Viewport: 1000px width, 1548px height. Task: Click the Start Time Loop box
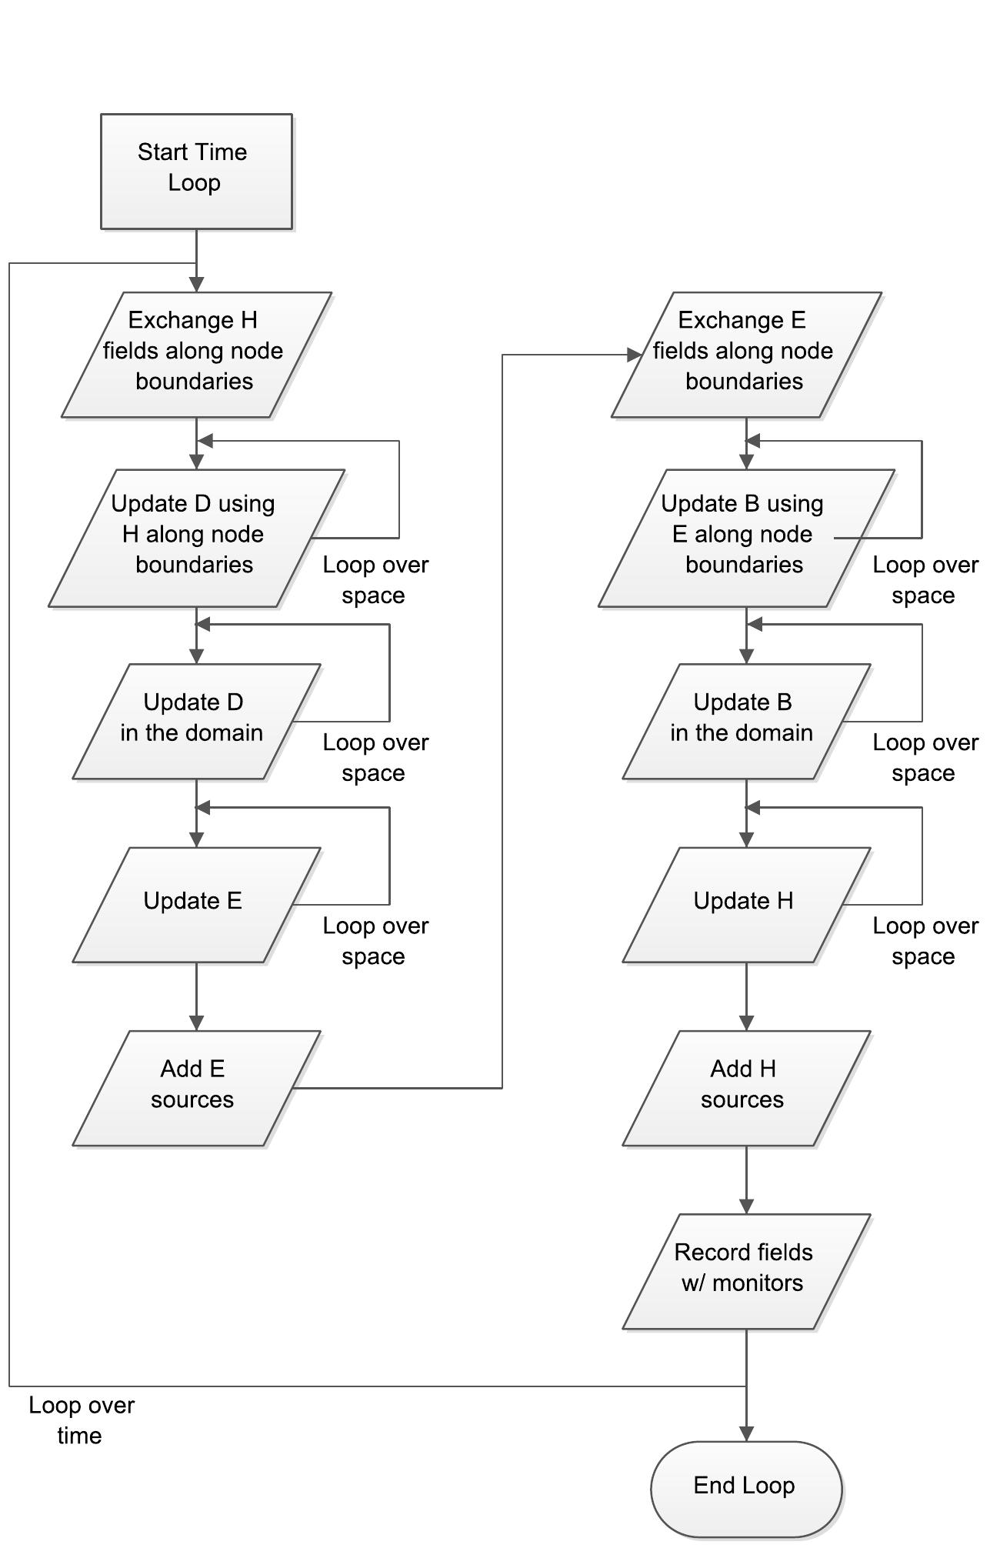coord(196,171)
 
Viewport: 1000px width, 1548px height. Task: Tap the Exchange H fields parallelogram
coord(196,355)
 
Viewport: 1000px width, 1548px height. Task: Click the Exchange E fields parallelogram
coord(745,355)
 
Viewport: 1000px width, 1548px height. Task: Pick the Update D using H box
coord(196,538)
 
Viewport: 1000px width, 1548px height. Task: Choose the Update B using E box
coord(745,538)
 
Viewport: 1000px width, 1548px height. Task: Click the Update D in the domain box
coord(196,721)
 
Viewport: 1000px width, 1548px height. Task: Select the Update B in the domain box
coord(745,721)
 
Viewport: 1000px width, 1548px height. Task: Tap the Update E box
coord(196,904)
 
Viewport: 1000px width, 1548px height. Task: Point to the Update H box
coord(745,904)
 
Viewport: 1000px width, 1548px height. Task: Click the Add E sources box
coord(196,1087)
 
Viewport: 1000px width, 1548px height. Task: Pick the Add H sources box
coord(745,1087)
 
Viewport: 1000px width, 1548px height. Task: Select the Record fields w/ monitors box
coord(745,1270)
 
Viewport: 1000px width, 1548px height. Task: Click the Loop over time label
coord(81,1420)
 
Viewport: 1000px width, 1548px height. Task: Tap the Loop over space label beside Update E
coord(375,941)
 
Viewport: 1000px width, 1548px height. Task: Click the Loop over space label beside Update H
coord(925,941)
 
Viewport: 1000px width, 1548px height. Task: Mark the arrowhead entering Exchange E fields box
coord(635,355)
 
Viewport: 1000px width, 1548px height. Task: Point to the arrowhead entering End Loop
coord(745,1433)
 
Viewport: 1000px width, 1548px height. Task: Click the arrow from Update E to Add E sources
coord(196,996)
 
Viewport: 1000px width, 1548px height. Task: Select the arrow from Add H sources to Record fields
coord(745,1179)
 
